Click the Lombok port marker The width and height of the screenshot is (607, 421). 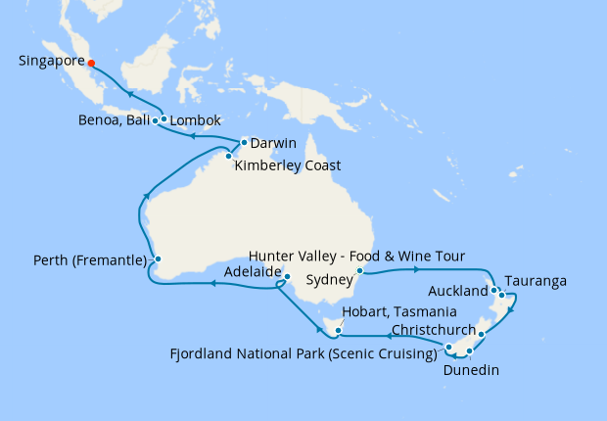pyautogui.click(x=163, y=120)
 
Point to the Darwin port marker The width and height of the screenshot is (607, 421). pyautogui.click(x=244, y=143)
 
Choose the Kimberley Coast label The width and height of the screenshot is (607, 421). pyautogui.click(x=287, y=165)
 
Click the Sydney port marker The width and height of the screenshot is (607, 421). pyautogui.click(x=360, y=270)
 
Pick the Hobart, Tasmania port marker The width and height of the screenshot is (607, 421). pyautogui.click(x=337, y=332)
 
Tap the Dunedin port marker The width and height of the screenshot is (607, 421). pyautogui.click(x=470, y=351)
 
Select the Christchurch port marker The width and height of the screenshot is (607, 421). pyautogui.click(x=481, y=334)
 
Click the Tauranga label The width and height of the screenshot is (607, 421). pyautogui.click(x=536, y=282)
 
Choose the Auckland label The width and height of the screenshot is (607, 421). pyautogui.click(x=458, y=292)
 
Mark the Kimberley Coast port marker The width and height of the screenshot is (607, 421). pyautogui.click(x=228, y=155)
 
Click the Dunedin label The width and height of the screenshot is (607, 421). pyautogui.click(x=473, y=371)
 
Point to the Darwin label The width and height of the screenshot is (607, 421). pyautogui.click(x=273, y=144)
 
